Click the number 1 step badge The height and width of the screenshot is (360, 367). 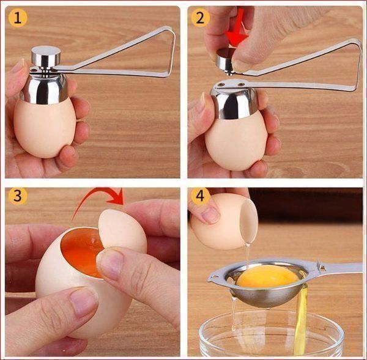click(18, 18)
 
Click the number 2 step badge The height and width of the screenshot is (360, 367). click(200, 18)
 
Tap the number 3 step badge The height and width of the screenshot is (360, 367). click(18, 196)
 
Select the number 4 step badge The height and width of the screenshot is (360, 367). click(200, 196)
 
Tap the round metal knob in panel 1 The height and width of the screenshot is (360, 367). click(46, 56)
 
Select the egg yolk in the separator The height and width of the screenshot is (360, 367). click(267, 276)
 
